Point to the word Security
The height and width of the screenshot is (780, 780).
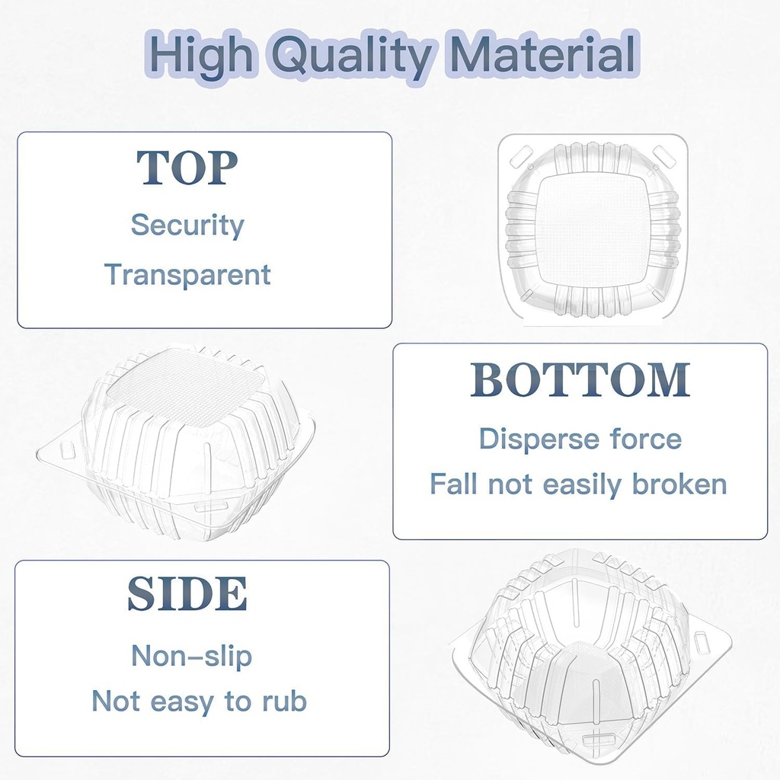point(187,225)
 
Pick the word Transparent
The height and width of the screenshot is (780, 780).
point(187,274)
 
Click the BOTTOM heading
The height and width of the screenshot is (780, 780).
point(580,380)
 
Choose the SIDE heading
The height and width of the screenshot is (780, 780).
point(187,594)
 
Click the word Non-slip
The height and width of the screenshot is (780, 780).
point(191,656)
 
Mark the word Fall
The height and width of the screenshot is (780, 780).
point(454,484)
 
